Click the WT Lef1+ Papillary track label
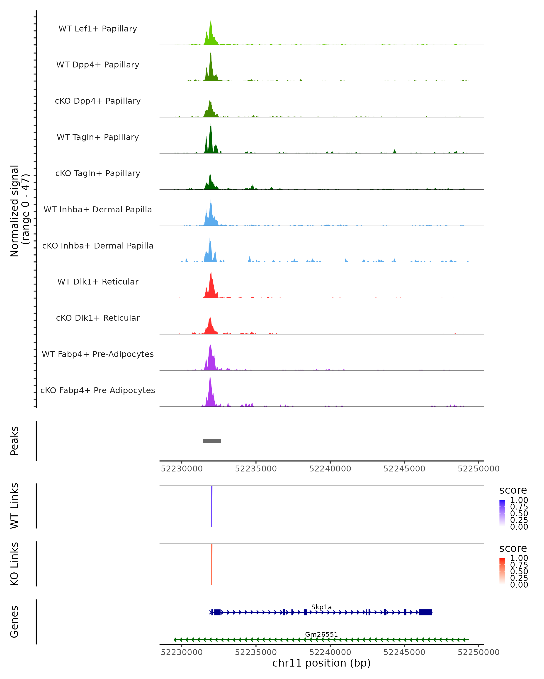[x=98, y=29]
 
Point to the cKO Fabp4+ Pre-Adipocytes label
[x=98, y=390]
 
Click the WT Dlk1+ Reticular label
[x=98, y=282]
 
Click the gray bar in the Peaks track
[x=212, y=441]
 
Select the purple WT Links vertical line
[x=212, y=505]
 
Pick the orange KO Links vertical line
[x=212, y=564]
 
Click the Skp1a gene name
[x=321, y=607]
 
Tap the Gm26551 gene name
[x=321, y=634]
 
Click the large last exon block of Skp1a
[x=425, y=612]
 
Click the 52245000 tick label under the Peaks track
[x=404, y=469]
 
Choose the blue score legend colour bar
[x=502, y=513]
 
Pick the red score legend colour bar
[x=502, y=571]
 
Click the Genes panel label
[x=15, y=622]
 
